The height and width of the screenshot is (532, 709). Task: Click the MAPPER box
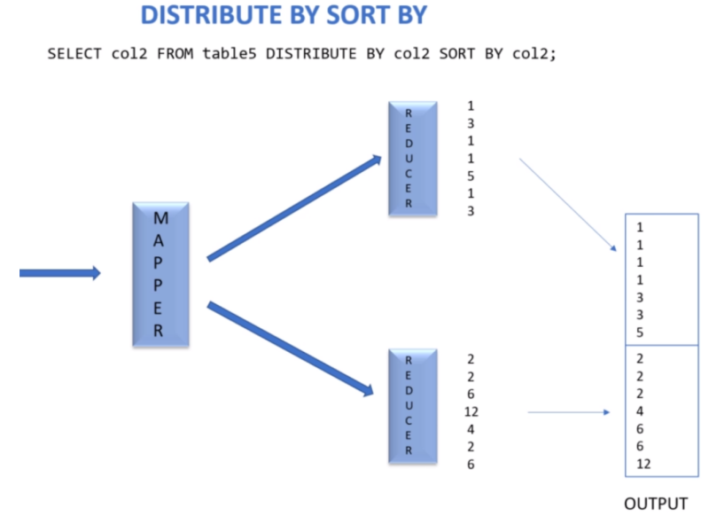pyautogui.click(x=160, y=274)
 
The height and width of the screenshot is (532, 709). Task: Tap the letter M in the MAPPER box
pyautogui.click(x=160, y=218)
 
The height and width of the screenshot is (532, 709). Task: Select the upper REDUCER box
pyautogui.click(x=412, y=159)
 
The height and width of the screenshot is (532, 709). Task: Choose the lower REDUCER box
pyautogui.click(x=412, y=405)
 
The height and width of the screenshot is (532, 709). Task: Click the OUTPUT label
pyautogui.click(x=656, y=504)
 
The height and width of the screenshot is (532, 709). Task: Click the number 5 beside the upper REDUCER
pyautogui.click(x=471, y=176)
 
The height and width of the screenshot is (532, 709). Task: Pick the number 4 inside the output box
pyautogui.click(x=640, y=411)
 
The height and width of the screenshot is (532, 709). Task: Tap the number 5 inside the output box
pyautogui.click(x=640, y=332)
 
